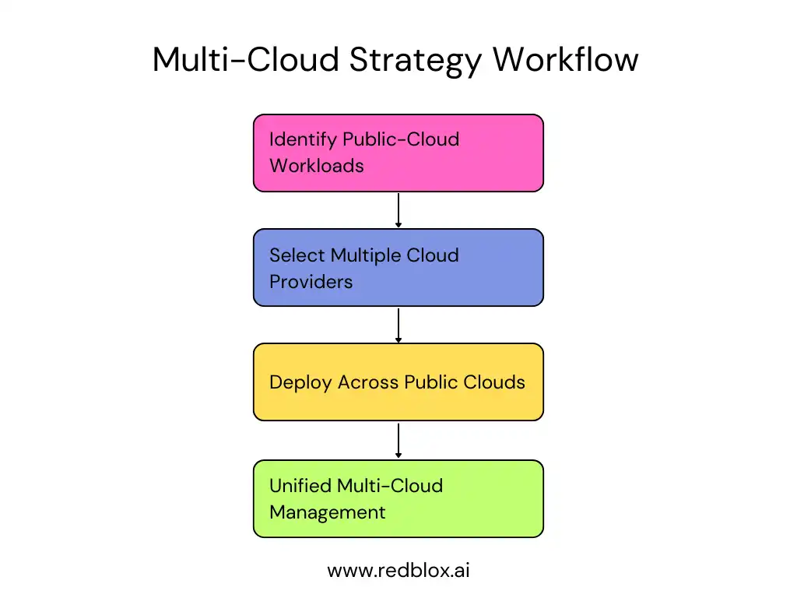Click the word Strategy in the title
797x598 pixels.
[x=416, y=60]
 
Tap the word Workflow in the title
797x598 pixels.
[x=566, y=60]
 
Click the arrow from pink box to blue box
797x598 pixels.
[x=398, y=210]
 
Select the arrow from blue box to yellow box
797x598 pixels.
[x=398, y=325]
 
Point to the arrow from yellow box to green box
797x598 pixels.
[x=398, y=440]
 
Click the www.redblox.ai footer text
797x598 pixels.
[x=398, y=570]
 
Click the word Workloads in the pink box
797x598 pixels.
[x=317, y=166]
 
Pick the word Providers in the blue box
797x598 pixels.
[x=311, y=281]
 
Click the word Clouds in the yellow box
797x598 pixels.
[x=497, y=382]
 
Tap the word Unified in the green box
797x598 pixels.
[x=300, y=486]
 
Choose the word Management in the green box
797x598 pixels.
[x=327, y=512]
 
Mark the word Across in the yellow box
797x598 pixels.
[x=368, y=382]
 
